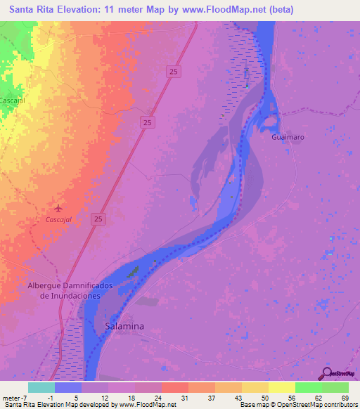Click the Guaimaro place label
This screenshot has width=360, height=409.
click(x=288, y=137)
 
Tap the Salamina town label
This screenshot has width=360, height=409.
click(x=124, y=326)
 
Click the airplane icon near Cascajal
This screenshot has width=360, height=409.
click(x=58, y=208)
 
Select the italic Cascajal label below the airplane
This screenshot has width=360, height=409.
click(x=58, y=219)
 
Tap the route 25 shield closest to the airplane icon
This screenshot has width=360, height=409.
click(x=99, y=220)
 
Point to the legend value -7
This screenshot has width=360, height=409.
click(x=25, y=398)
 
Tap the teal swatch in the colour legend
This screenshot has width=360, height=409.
click(x=41, y=387)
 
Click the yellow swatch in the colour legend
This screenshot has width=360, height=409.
click(x=281, y=387)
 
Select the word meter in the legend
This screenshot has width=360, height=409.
click(x=10, y=398)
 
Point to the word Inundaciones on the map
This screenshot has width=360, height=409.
click(x=70, y=296)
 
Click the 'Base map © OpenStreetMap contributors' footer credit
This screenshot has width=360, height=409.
click(x=298, y=405)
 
